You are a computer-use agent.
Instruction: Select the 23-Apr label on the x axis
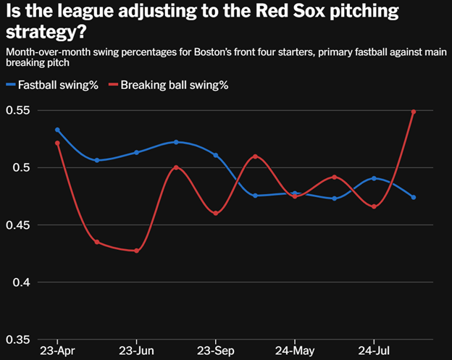coord(57,351)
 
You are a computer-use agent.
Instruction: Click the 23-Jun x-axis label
coord(136,351)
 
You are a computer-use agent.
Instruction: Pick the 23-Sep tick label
coord(216,351)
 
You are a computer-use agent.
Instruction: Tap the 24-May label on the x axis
coord(295,351)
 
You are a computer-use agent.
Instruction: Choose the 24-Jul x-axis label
coord(374,351)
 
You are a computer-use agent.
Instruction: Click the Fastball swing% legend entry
coord(52,85)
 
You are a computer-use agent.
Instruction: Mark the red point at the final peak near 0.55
coord(414,112)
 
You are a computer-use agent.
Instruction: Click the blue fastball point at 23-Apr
coord(57,130)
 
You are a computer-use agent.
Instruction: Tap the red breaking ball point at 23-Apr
coord(57,143)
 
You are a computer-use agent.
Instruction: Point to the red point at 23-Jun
coord(136,251)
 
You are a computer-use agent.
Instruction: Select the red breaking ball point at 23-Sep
coord(216,213)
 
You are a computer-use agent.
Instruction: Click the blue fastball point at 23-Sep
coord(216,155)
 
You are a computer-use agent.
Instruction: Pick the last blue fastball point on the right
coord(414,197)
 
